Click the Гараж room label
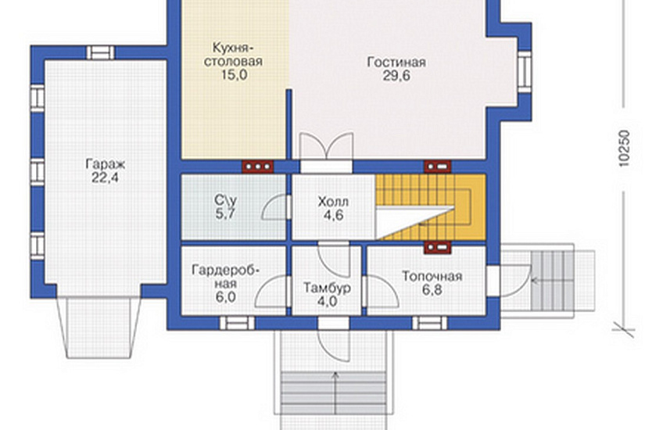coord(106,164)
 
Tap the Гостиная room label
coord(396,62)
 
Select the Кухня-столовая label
coord(233,54)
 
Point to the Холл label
coord(333,202)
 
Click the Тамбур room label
coord(327,288)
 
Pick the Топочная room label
coord(432,276)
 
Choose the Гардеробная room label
coord(226,277)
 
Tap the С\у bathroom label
coord(225,200)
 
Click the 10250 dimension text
coord(624,148)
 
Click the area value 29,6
coord(396,76)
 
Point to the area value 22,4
coord(106,177)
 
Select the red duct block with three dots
coord(258,167)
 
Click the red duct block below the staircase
coord(438,248)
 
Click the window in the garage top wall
coord(100,52)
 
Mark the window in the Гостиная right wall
coord(524,72)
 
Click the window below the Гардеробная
coord(238,323)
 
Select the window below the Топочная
coord(429,323)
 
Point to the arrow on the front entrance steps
coord(335,392)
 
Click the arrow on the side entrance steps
coord(552,281)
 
